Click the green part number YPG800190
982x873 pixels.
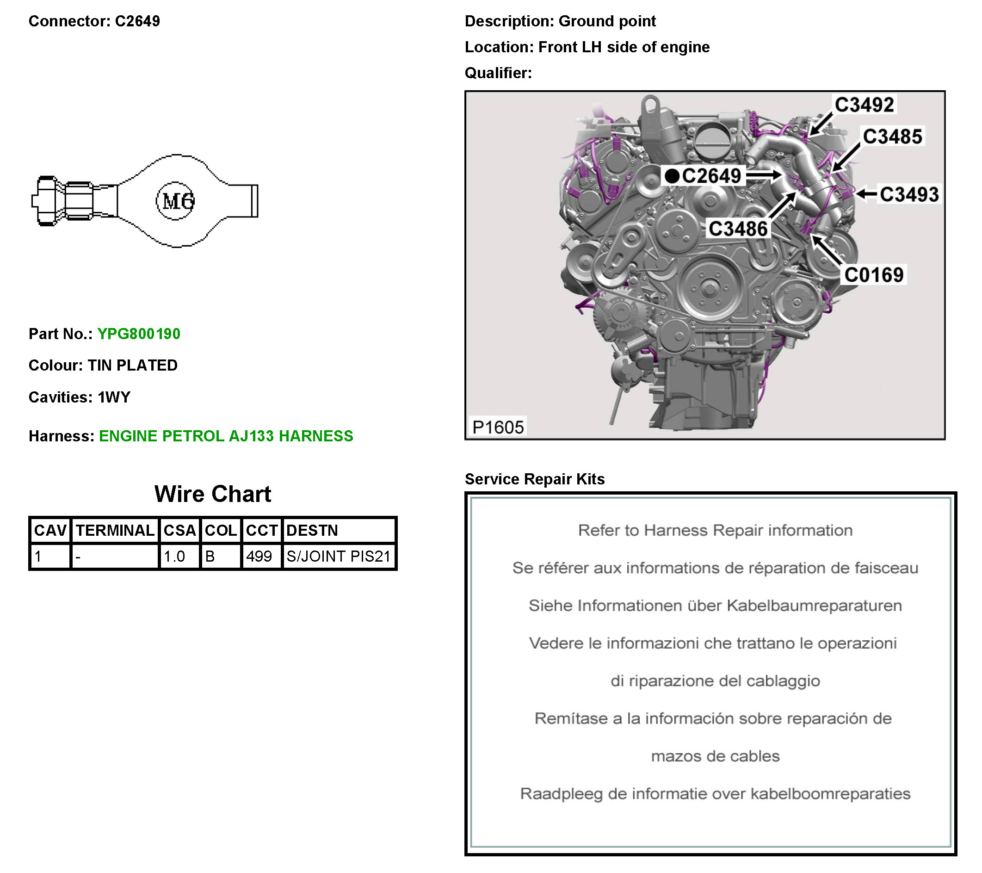138,334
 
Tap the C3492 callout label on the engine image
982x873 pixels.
865,105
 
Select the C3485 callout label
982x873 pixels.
893,136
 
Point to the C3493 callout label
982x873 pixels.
909,195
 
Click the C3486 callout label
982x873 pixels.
738,229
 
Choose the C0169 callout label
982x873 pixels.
874,275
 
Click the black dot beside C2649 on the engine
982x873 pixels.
672,176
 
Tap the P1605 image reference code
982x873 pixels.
498,427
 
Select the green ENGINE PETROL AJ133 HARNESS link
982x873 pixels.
226,436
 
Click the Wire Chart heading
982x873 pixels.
212,494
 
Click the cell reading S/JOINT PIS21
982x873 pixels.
339,556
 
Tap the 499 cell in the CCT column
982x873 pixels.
259,556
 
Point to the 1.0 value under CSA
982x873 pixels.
174,556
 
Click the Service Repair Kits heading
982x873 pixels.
535,478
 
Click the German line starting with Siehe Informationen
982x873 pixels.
715,606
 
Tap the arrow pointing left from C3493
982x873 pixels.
867,194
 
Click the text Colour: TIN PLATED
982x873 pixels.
103,365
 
